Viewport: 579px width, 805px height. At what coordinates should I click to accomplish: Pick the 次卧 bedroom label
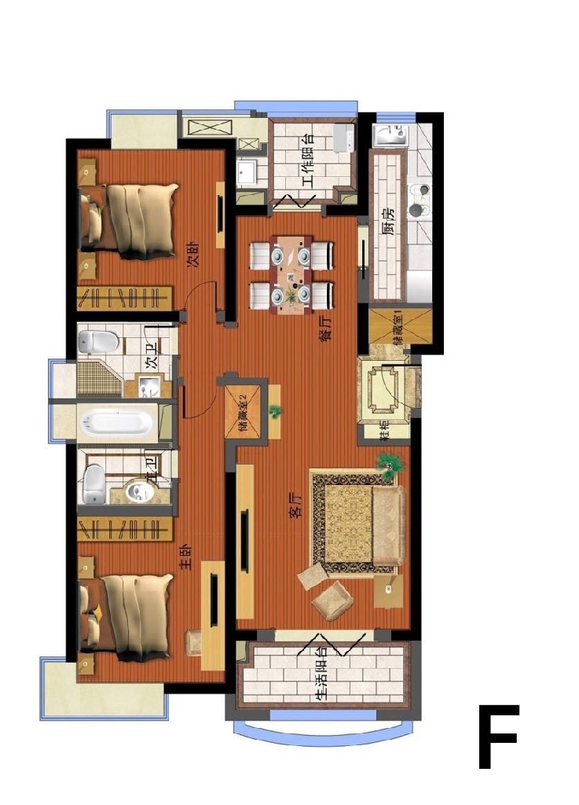pyautogui.click(x=193, y=255)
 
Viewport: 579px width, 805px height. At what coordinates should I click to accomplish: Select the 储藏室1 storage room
pyautogui.click(x=401, y=329)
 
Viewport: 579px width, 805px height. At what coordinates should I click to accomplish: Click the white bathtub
pyautogui.click(x=118, y=423)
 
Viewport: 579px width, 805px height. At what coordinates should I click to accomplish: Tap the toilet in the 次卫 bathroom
pyautogui.click(x=99, y=341)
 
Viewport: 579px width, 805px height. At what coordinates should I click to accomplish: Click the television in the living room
pyautogui.click(x=245, y=542)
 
